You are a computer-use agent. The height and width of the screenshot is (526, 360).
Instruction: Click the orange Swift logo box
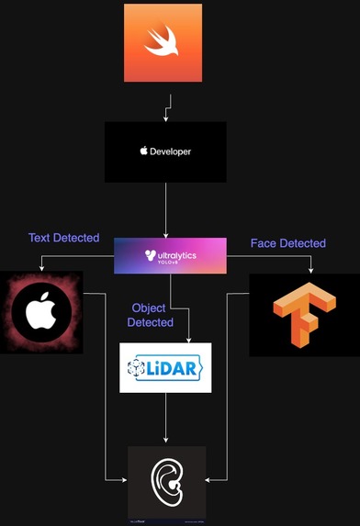[163, 42]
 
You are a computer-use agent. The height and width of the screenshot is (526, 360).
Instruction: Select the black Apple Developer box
[165, 151]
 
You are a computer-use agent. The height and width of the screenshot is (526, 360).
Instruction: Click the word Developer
[171, 151]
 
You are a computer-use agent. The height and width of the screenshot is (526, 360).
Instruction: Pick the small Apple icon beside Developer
[143, 151]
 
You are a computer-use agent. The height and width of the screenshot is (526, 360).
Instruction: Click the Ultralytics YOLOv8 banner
[170, 255]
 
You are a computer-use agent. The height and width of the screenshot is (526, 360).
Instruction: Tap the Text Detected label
[63, 238]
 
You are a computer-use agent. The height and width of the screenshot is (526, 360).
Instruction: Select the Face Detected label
[287, 243]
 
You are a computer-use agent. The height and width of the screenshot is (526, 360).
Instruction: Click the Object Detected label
[151, 315]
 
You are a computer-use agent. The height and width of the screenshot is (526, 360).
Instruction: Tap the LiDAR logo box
[165, 367]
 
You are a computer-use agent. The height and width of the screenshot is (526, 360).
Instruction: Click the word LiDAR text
[174, 368]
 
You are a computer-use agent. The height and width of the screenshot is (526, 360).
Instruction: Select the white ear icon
[166, 482]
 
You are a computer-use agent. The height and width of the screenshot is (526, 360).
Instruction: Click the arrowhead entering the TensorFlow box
[312, 269]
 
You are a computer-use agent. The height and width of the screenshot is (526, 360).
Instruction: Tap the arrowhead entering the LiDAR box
[187, 339]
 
